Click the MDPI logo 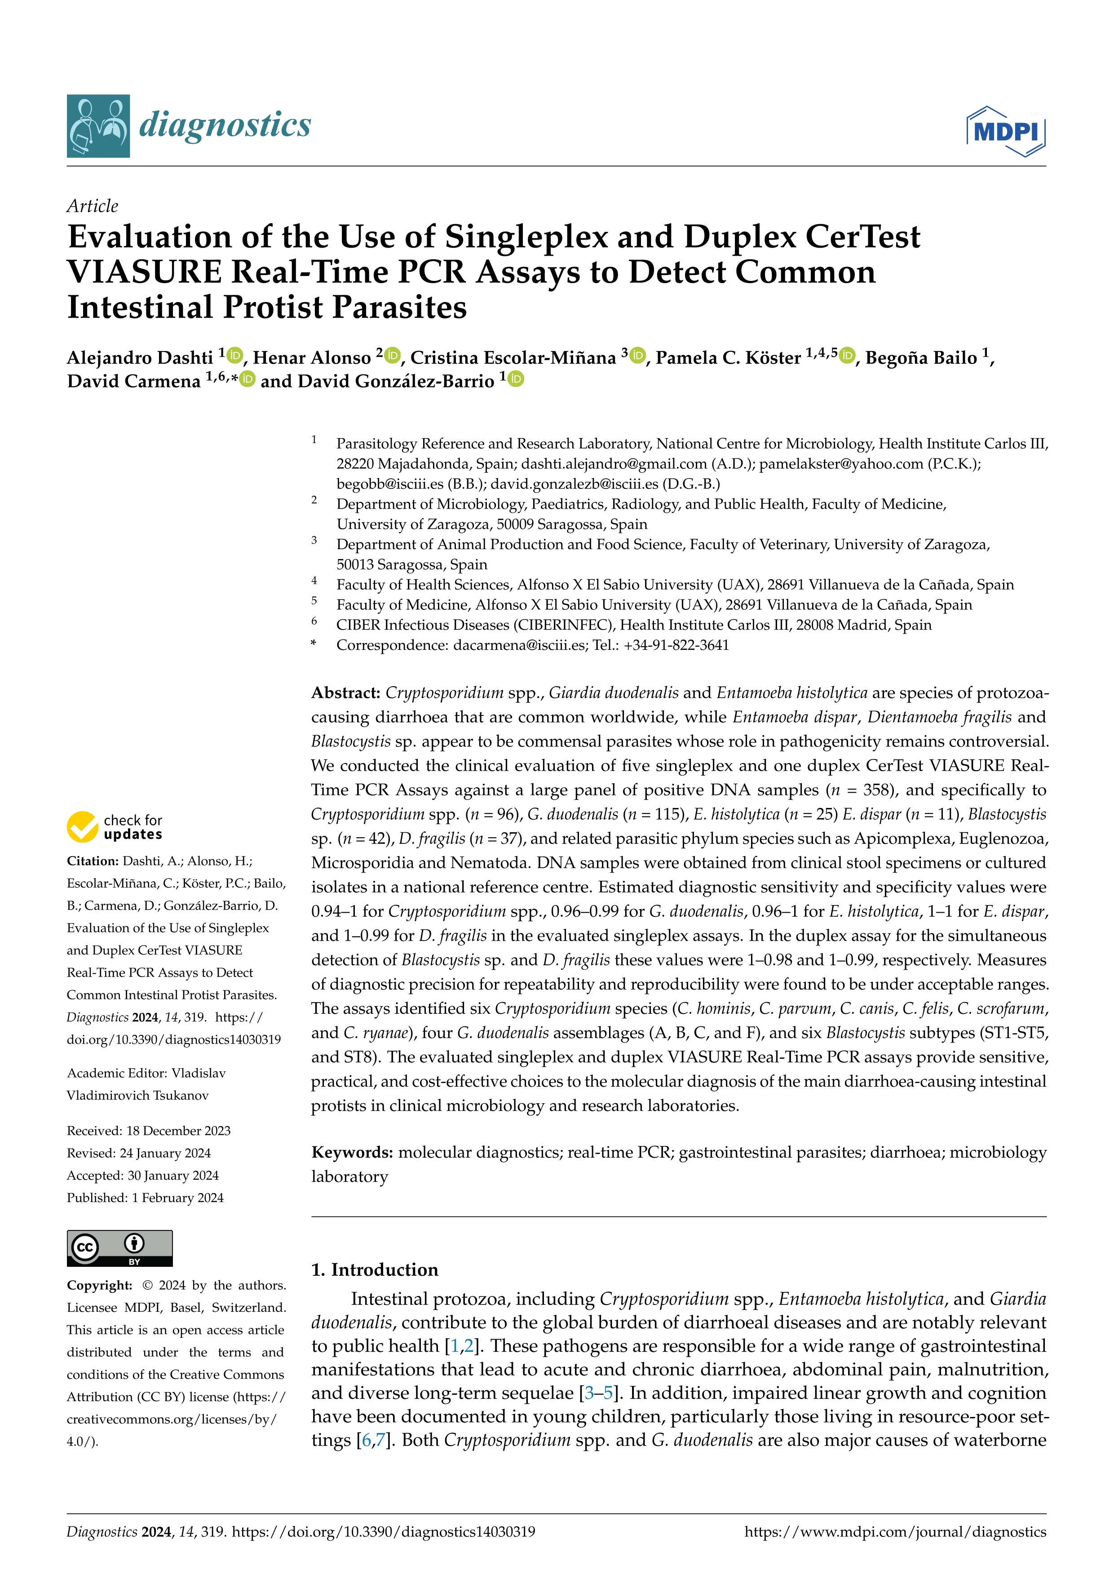tap(1006, 131)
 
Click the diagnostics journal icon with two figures tap(98, 126)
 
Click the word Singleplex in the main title tap(526, 237)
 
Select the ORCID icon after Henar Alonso tap(392, 355)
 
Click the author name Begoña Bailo tap(920, 358)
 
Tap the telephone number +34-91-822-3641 tap(676, 645)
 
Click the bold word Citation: tap(93, 861)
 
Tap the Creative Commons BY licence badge tap(119, 1248)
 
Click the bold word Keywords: tap(352, 1153)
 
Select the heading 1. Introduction tap(375, 1270)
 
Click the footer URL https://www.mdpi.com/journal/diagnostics tap(895, 1532)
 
